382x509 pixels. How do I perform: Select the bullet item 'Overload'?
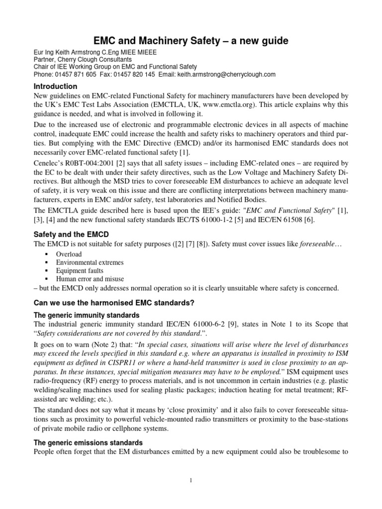click(68, 254)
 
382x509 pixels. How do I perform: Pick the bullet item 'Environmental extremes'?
click(90, 262)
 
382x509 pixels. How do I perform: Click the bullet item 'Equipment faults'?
click(80, 271)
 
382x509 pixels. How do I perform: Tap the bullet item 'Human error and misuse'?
click(90, 279)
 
